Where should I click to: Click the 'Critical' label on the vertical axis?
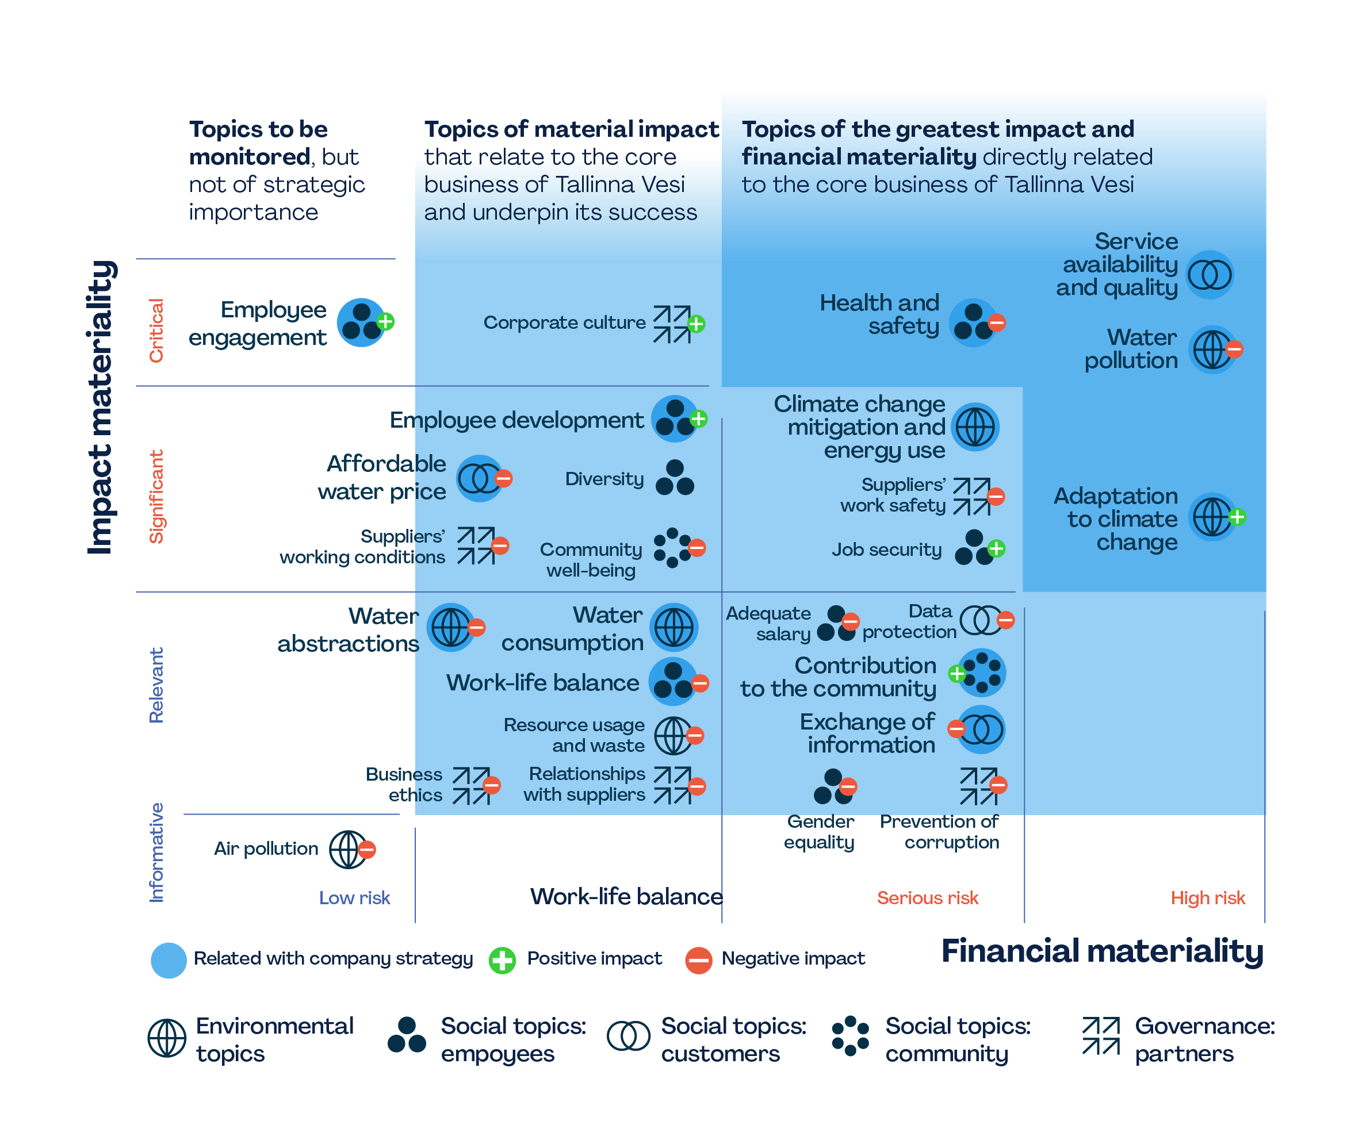pos(156,330)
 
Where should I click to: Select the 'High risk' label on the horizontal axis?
pos(1207,898)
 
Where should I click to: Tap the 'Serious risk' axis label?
pos(927,898)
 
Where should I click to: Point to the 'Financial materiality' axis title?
pos(1102,951)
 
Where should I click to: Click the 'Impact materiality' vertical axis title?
pos(101,408)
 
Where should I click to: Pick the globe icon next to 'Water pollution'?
pos(1211,350)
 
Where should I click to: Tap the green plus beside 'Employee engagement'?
pos(386,321)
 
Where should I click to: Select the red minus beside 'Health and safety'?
pos(996,322)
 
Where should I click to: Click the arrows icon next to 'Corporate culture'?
pos(672,324)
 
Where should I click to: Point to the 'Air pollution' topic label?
pos(266,848)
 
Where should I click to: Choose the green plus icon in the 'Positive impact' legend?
pos(502,960)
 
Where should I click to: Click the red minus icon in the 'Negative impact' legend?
pos(698,960)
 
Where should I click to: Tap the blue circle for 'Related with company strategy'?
pos(169,960)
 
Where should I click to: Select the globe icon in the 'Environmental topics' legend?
pos(167,1038)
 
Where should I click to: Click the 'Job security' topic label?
pos(887,550)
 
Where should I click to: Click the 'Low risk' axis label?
pos(354,898)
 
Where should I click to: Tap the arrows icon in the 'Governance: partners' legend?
pos(1101,1036)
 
